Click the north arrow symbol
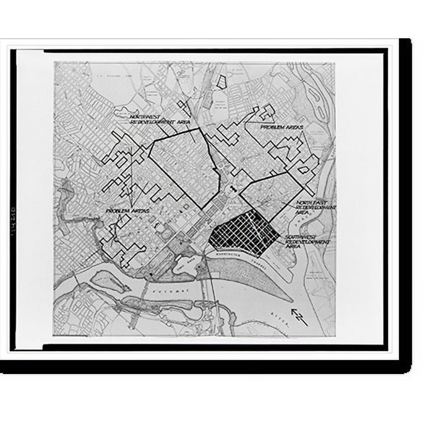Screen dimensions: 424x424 point(298,317)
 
